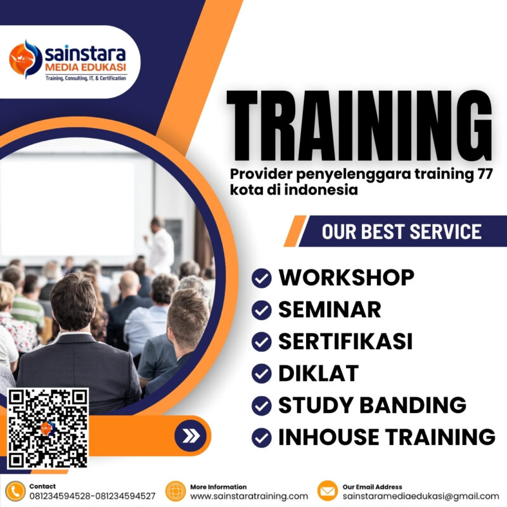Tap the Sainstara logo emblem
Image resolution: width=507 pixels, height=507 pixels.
coord(25,59)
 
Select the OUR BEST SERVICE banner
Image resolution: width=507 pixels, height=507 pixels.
coord(401,231)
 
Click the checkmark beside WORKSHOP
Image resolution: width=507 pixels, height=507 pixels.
coord(261,278)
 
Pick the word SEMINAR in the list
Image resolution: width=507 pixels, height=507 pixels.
coord(330,309)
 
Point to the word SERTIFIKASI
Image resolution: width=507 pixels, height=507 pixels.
coord(345,342)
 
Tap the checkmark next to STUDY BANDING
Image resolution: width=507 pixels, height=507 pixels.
coord(261,405)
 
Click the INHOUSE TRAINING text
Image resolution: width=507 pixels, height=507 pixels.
coord(387,437)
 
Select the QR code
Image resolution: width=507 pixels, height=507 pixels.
coord(48,428)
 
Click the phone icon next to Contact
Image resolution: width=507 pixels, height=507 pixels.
coord(14,491)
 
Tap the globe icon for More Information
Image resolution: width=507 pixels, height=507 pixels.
coord(175,491)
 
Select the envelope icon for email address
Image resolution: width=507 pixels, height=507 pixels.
coord(327,491)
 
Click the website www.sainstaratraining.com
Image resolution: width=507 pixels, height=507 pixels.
coord(249,496)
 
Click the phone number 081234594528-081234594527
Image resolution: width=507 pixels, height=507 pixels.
coord(93,496)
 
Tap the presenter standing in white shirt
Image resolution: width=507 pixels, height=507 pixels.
coord(160,244)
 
